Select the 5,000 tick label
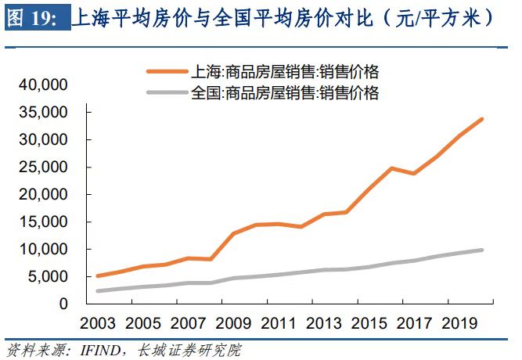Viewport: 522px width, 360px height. pyautogui.click(x=50, y=276)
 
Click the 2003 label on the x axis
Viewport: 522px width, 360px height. pyautogui.click(x=99, y=323)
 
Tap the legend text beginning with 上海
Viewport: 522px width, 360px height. pyautogui.click(x=285, y=72)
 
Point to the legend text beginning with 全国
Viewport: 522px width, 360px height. pyautogui.click(x=285, y=94)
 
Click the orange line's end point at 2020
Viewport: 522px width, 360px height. pyautogui.click(x=483, y=119)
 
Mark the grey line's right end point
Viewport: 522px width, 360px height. pyautogui.click(x=483, y=250)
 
